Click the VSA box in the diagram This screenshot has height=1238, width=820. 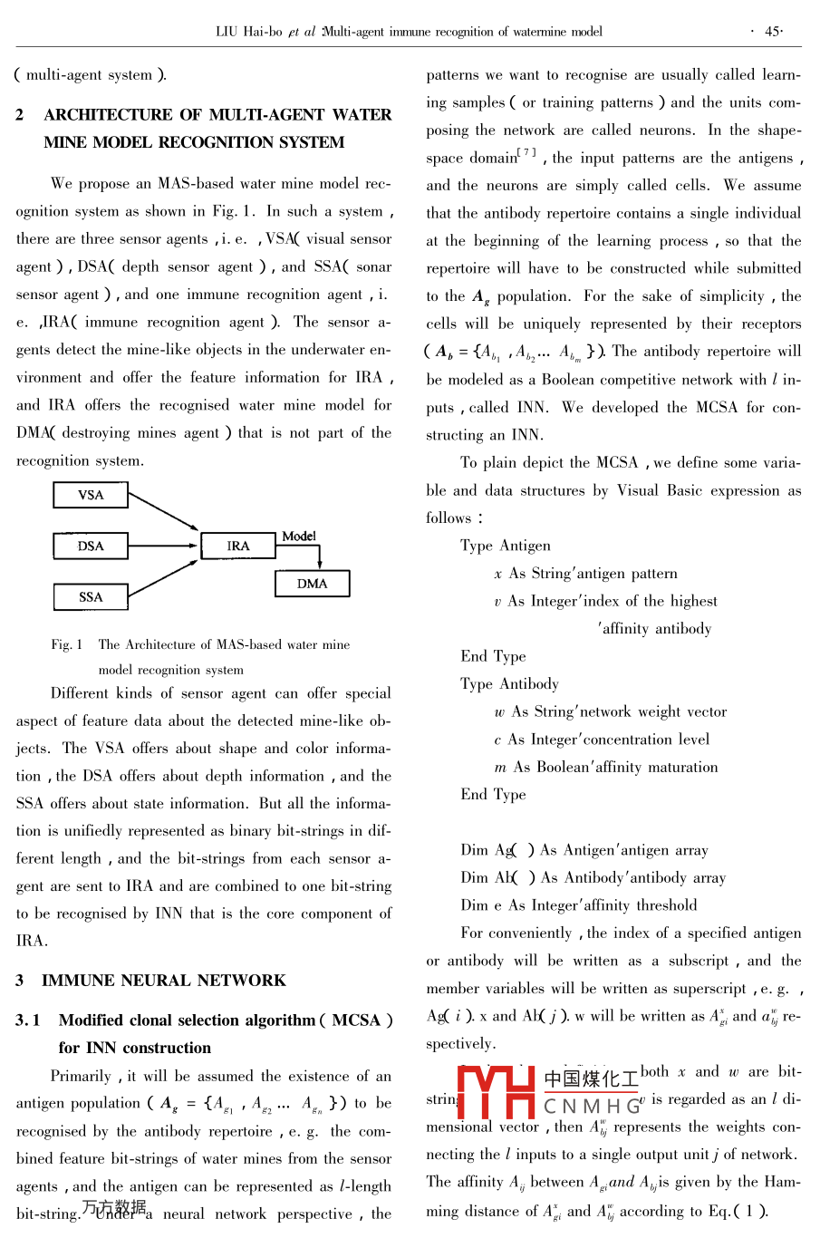point(91,495)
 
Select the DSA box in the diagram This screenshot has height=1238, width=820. point(91,546)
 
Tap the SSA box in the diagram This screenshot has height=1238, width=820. point(91,596)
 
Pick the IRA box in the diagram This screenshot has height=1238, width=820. point(238,546)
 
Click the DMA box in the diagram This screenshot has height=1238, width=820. point(312,584)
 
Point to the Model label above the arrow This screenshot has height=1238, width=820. point(299,536)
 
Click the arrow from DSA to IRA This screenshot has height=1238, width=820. point(163,546)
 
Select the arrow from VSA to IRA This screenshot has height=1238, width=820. point(163,512)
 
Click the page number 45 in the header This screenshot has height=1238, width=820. point(773,31)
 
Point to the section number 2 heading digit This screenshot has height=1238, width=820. point(20,115)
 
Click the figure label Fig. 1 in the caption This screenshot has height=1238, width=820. point(66,644)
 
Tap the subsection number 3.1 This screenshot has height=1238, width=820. point(28,1020)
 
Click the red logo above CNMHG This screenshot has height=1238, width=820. point(497,1091)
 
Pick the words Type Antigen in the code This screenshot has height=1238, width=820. point(505,546)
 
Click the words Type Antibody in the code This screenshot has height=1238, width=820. point(509,683)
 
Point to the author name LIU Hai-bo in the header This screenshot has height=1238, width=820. point(248,31)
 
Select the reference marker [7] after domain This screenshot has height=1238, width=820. point(526,152)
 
